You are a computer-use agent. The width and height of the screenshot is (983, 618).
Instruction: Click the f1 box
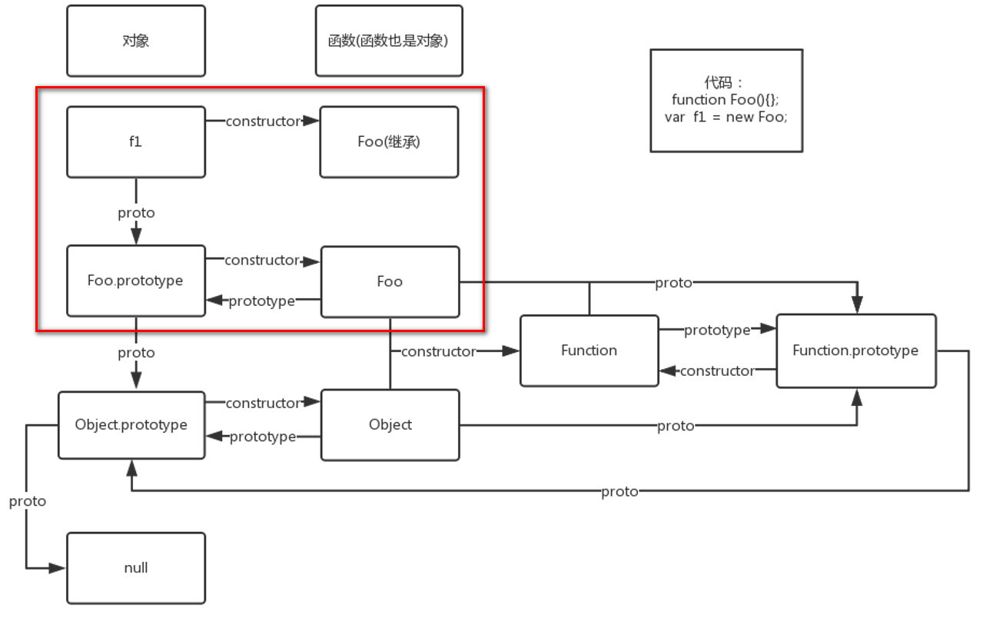click(136, 142)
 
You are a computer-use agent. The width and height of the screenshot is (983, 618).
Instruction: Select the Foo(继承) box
click(389, 142)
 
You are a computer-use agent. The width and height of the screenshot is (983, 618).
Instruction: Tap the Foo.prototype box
click(136, 281)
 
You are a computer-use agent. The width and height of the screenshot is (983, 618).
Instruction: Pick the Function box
click(589, 351)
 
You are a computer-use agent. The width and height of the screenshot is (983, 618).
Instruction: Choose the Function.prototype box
click(855, 351)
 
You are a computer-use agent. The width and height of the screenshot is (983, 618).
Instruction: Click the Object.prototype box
click(131, 425)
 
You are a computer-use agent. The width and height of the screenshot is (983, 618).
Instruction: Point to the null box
click(136, 568)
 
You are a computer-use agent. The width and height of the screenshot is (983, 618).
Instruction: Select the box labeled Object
click(390, 425)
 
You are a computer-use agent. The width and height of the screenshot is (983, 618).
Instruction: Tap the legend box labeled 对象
click(136, 41)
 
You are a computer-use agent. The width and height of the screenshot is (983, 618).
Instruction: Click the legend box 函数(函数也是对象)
click(388, 41)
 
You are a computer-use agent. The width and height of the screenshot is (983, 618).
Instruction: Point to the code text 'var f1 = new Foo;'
click(726, 118)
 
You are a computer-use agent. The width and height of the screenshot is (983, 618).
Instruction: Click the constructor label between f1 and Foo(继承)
click(262, 121)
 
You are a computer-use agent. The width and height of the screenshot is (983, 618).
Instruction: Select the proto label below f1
click(136, 213)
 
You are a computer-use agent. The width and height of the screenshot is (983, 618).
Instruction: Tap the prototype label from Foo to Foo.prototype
click(261, 301)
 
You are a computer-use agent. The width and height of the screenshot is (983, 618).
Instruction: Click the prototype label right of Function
click(716, 331)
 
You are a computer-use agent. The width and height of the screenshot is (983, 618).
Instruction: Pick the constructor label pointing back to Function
click(717, 371)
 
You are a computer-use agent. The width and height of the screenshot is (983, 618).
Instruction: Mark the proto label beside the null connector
click(28, 501)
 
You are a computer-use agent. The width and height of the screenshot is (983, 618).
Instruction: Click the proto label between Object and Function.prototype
click(676, 426)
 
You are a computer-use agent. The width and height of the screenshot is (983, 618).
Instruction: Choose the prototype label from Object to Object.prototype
click(262, 437)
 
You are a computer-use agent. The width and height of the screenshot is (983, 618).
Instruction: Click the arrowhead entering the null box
click(58, 568)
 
